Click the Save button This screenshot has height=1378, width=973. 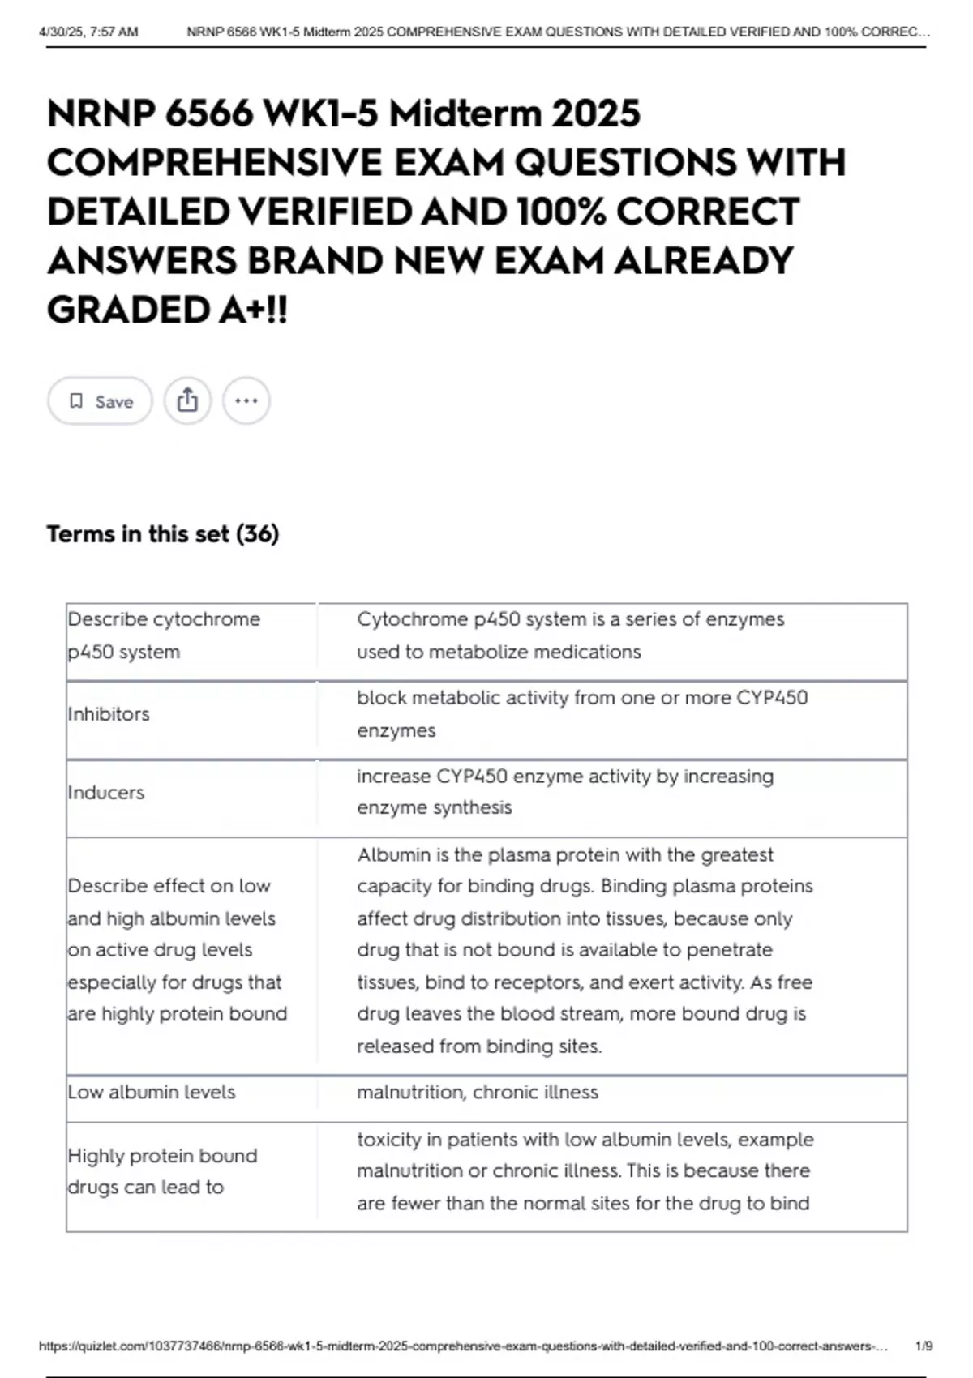click(100, 401)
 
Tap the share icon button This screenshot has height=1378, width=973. click(187, 400)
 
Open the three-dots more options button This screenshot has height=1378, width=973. click(246, 400)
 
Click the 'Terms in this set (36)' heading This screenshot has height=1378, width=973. click(163, 534)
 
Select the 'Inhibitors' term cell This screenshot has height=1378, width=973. click(109, 714)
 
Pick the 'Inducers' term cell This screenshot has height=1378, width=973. click(106, 792)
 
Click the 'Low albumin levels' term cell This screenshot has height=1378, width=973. click(152, 1092)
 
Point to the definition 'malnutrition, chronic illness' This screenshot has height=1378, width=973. click(478, 1092)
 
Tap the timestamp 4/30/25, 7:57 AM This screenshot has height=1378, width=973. click(88, 32)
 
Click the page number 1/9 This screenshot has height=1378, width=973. click(924, 1346)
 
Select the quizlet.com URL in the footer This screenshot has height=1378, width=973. click(462, 1346)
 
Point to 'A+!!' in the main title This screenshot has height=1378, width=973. click(253, 310)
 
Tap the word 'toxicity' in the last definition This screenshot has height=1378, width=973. click(388, 1139)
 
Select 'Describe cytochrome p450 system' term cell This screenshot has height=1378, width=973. click(164, 636)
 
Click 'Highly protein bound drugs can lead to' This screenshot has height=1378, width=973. click(162, 1171)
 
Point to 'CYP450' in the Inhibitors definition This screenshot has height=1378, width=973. click(772, 698)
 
